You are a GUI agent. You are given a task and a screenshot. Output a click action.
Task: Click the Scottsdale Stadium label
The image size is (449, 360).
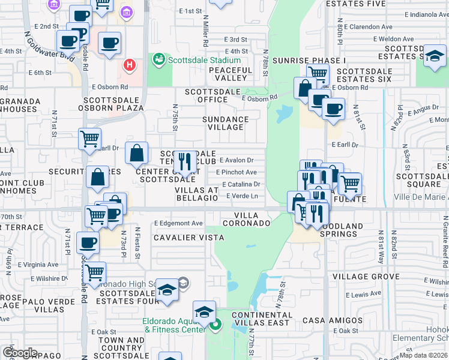pos(204,60)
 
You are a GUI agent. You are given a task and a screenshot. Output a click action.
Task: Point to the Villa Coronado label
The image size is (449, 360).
pos(246,219)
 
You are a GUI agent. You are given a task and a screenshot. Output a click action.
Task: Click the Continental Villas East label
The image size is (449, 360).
pos(262,319)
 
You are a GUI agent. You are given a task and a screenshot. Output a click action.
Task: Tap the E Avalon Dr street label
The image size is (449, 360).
pos(237,160)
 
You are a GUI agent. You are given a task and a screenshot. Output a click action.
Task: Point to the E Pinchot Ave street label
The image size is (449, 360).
pos(237,172)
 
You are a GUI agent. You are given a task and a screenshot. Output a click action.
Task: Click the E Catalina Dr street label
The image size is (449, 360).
pos(240,184)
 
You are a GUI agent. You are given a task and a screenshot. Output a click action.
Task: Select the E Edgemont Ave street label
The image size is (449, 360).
pos(178,223)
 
